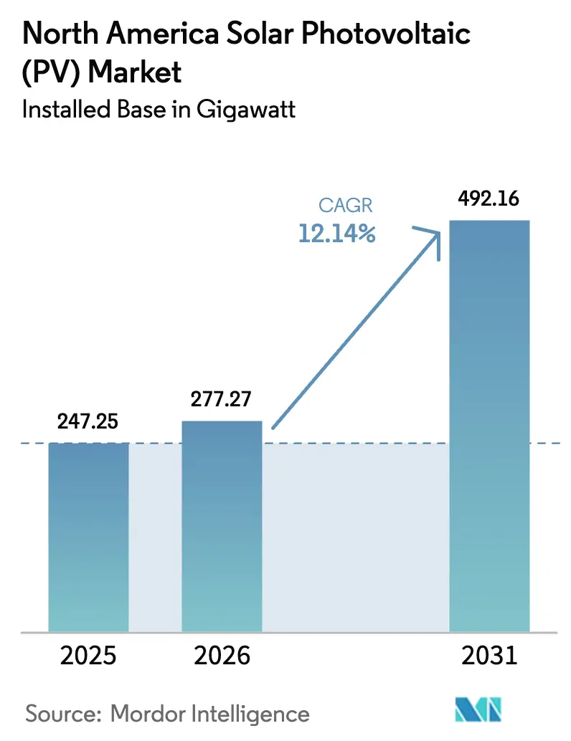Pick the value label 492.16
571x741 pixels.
point(489,199)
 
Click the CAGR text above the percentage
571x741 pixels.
point(346,206)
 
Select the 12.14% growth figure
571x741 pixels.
point(337,233)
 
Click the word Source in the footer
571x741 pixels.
point(56,714)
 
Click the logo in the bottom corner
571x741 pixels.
point(476,711)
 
